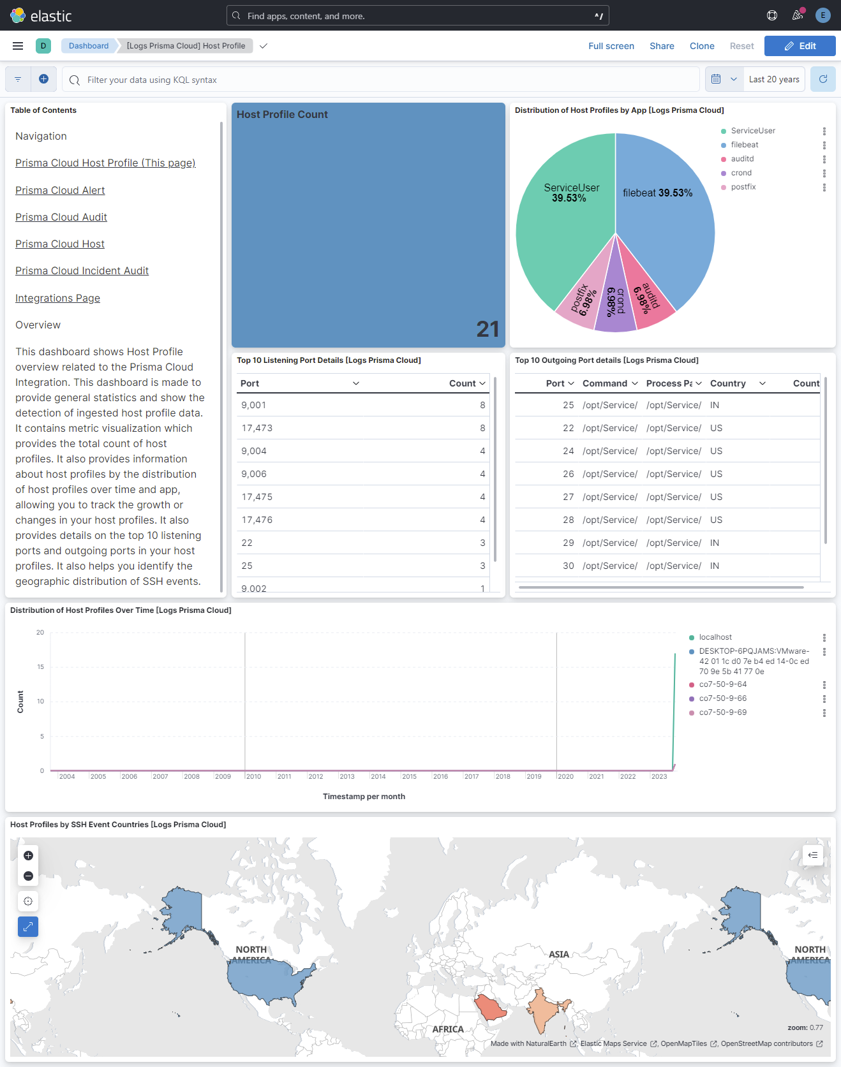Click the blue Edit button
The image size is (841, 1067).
coord(800,46)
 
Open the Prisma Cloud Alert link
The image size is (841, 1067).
coord(60,191)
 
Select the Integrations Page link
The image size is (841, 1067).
coord(57,298)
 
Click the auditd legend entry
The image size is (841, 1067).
coord(742,159)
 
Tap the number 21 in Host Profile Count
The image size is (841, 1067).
coord(487,329)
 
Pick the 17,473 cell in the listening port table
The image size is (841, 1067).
coord(257,428)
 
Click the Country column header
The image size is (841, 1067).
coord(728,383)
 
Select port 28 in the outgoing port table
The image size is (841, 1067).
coord(569,520)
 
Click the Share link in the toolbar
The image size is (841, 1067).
coord(662,46)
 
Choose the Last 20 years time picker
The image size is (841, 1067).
coord(774,79)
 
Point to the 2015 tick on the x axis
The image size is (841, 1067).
coord(409,777)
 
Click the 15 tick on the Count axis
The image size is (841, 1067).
coord(41,667)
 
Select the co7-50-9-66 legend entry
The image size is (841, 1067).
coord(722,698)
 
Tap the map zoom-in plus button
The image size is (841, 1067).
coord(28,856)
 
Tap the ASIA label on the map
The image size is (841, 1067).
coord(559,955)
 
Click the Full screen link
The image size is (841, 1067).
coord(611,46)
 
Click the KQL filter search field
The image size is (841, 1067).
coord(383,80)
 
